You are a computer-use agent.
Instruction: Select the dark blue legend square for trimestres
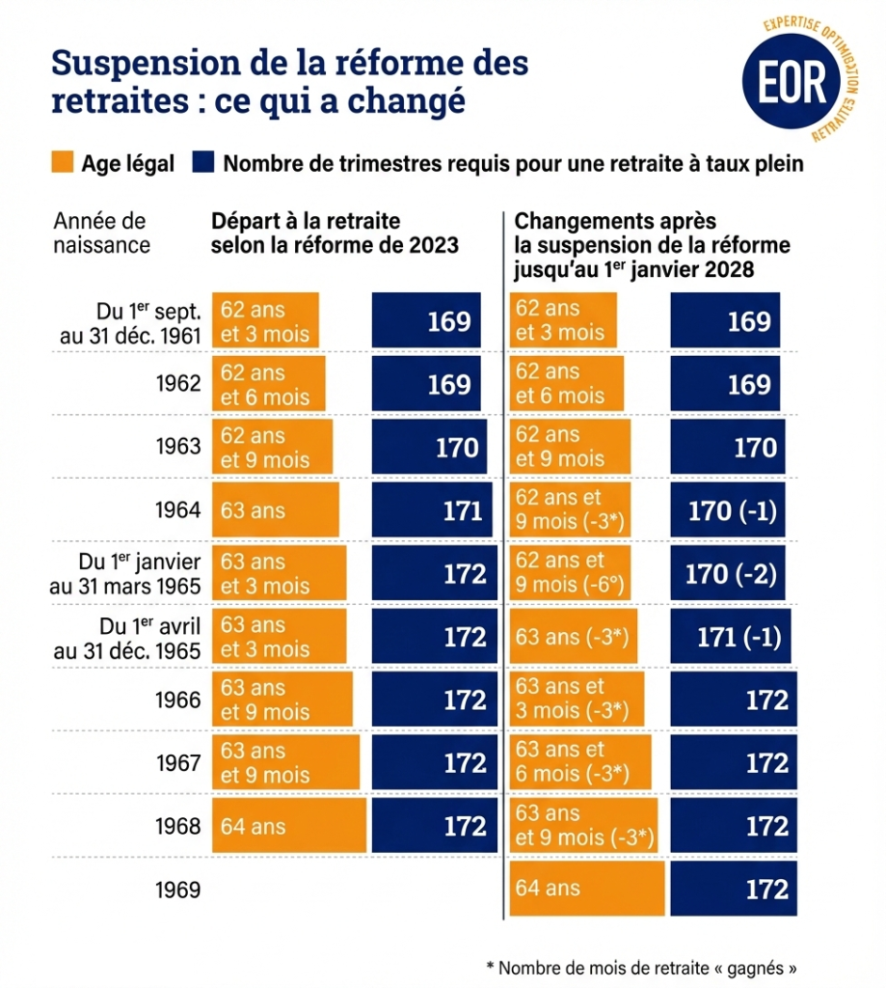[x=202, y=163]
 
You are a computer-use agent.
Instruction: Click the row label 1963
[x=178, y=447]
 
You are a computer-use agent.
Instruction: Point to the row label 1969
[x=178, y=890]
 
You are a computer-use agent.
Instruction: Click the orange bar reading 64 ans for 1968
[x=289, y=826]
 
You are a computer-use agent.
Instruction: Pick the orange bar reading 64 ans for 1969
[x=588, y=889]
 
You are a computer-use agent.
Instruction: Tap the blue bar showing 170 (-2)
[x=729, y=574]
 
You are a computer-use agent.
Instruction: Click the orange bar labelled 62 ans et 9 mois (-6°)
[x=570, y=574]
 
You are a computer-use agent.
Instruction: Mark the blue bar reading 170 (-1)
[x=729, y=510]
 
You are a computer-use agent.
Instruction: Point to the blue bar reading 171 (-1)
[x=737, y=637]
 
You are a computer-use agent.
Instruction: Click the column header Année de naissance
[x=101, y=233]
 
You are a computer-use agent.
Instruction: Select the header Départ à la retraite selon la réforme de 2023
[x=335, y=233]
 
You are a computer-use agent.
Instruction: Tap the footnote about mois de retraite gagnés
[x=642, y=967]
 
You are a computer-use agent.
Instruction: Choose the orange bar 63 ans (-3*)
[x=574, y=637]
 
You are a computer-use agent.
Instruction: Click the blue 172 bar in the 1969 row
[x=734, y=889]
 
